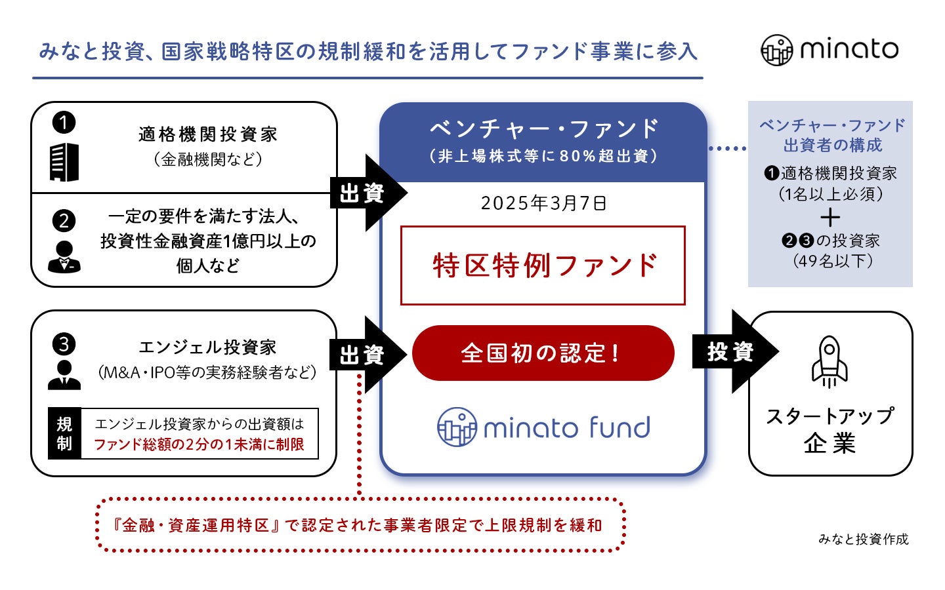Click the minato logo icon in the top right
[777, 50]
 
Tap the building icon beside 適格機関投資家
[64, 162]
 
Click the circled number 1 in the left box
[64, 122]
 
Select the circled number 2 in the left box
[64, 220]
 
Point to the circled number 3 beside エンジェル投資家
[64, 344]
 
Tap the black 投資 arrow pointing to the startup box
[734, 352]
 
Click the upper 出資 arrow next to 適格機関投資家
[366, 193]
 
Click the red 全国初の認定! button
[543, 353]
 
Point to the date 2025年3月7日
[543, 203]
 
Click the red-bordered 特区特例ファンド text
[543, 265]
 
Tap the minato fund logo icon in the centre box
[457, 427]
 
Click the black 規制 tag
[64, 433]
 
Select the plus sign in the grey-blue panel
[830, 217]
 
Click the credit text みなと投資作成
[863, 539]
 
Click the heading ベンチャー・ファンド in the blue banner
[543, 128]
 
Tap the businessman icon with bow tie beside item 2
[64, 257]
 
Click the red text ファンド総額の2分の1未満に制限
[199, 444]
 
